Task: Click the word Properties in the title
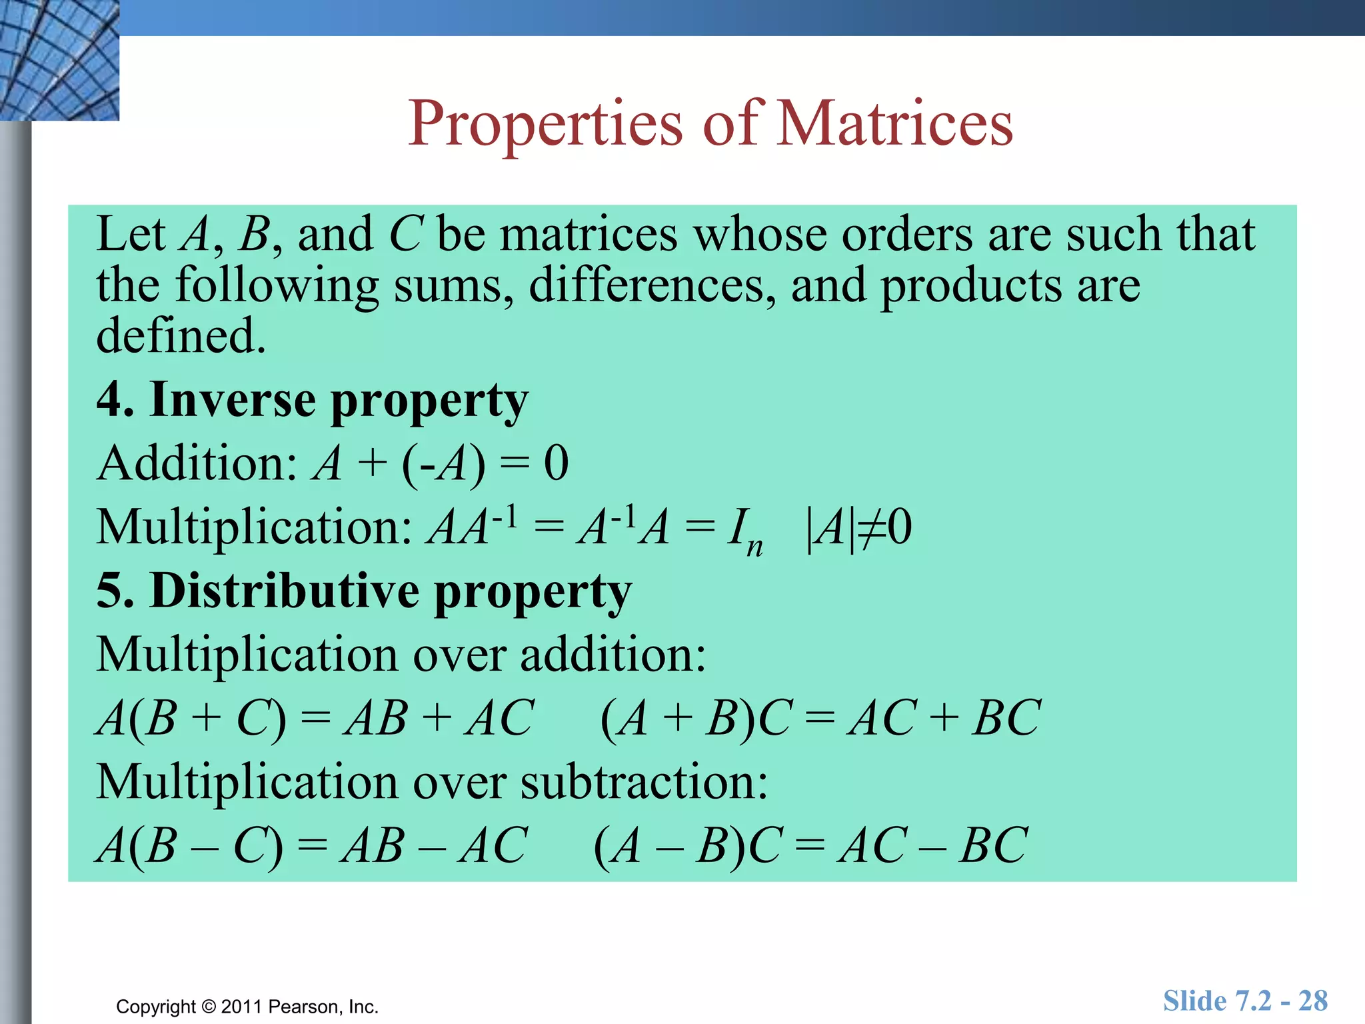tap(545, 125)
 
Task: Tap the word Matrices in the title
tap(895, 123)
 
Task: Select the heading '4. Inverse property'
tap(312, 400)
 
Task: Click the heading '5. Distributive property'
tap(363, 591)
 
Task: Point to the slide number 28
tap(1312, 1001)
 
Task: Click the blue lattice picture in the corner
tap(59, 60)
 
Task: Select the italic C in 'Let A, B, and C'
tap(406, 235)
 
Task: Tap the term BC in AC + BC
tap(1006, 719)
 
